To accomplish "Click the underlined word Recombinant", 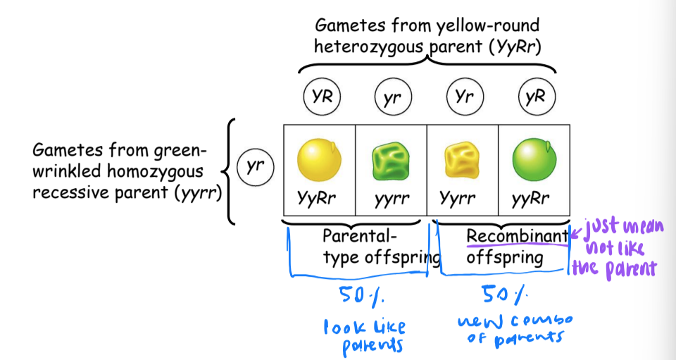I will pos(517,236).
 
